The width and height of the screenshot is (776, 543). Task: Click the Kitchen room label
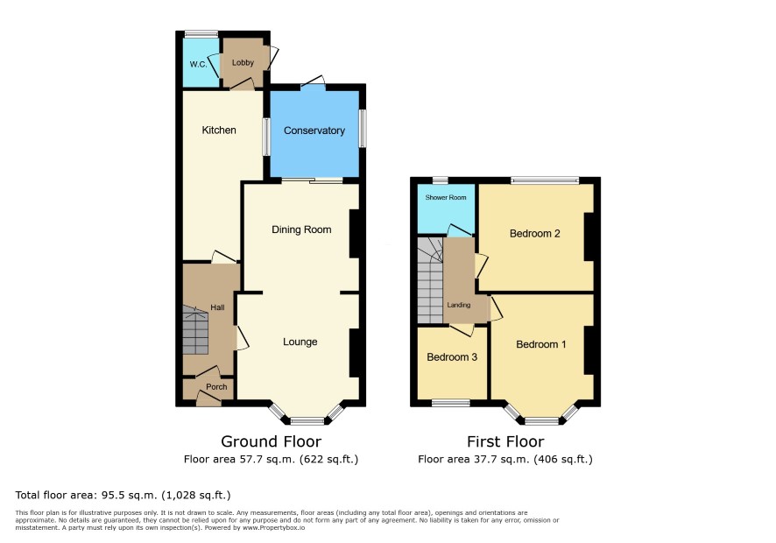pyautogui.click(x=219, y=130)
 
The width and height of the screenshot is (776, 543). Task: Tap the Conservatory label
pyautogui.click(x=314, y=130)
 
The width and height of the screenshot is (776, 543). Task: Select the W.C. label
pyautogui.click(x=199, y=64)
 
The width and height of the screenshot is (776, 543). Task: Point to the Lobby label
pyautogui.click(x=243, y=62)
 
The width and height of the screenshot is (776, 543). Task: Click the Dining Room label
pyautogui.click(x=301, y=229)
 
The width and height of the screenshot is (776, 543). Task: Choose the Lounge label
pyautogui.click(x=300, y=342)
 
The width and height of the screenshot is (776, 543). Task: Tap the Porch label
pyautogui.click(x=216, y=386)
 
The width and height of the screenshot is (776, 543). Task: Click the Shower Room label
pyautogui.click(x=446, y=198)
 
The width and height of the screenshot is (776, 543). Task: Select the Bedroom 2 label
pyautogui.click(x=535, y=234)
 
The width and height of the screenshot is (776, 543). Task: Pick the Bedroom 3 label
pyautogui.click(x=452, y=356)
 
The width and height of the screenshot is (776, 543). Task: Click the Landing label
pyautogui.click(x=459, y=305)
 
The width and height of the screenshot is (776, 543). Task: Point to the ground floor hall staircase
pyautogui.click(x=195, y=330)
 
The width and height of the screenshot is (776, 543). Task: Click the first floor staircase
pyautogui.click(x=430, y=280)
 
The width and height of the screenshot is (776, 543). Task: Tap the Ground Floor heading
pyautogui.click(x=271, y=441)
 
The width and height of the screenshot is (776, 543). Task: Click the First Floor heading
pyautogui.click(x=505, y=441)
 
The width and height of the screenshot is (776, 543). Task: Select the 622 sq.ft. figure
pyautogui.click(x=328, y=459)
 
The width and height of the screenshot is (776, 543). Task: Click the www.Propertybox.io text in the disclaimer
pyautogui.click(x=273, y=527)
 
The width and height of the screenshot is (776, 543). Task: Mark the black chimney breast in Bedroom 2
pyautogui.click(x=589, y=236)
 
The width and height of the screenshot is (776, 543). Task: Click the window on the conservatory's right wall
pyautogui.click(x=363, y=128)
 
